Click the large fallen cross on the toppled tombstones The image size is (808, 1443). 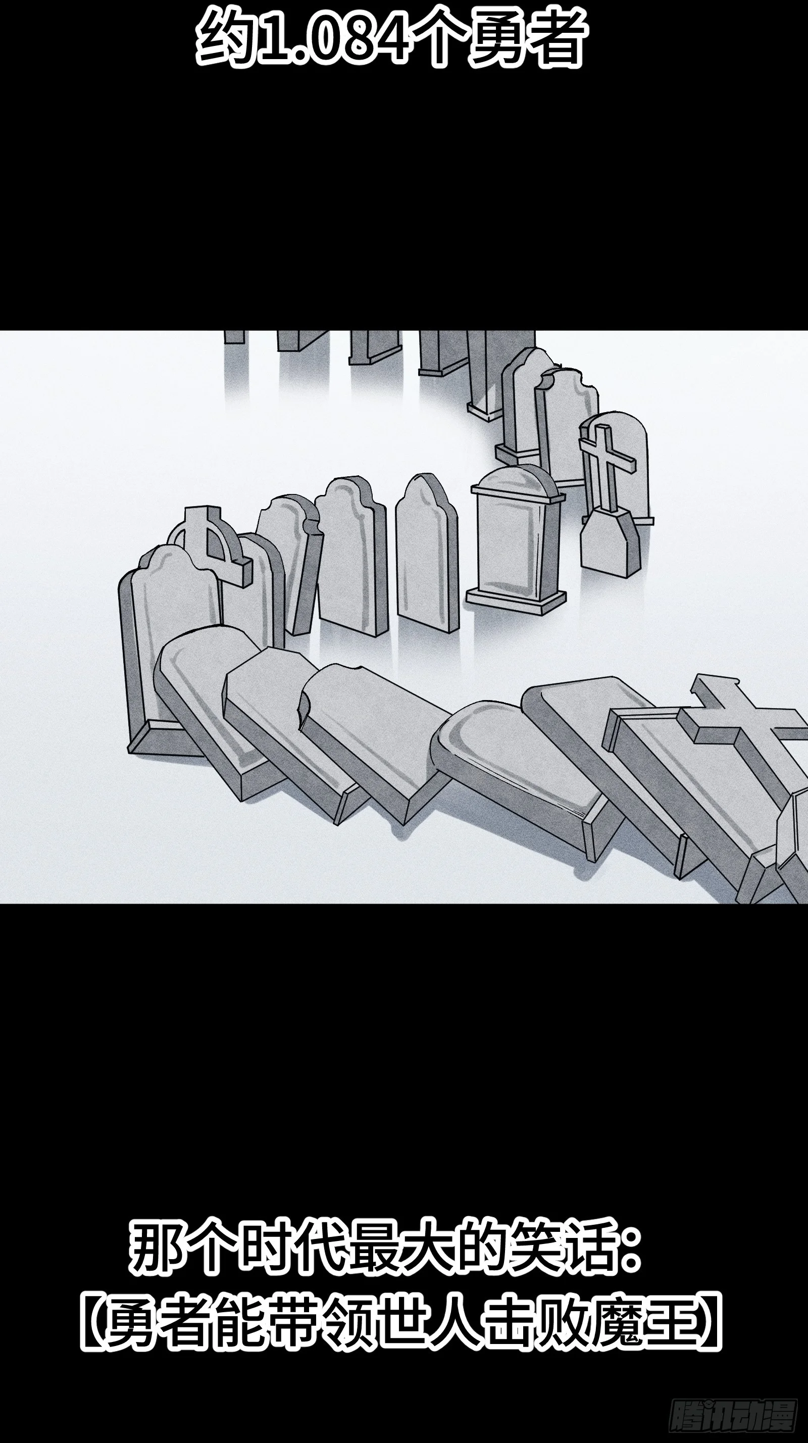point(745,728)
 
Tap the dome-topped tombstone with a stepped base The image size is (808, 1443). point(515,538)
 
